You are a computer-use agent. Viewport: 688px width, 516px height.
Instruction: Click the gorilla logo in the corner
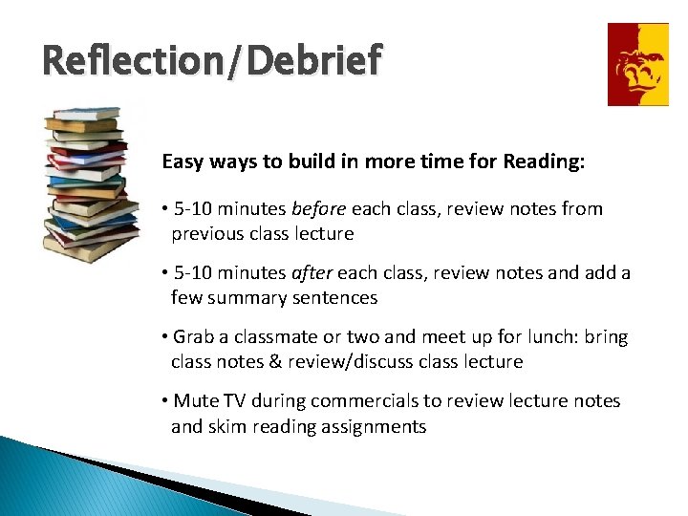click(x=638, y=64)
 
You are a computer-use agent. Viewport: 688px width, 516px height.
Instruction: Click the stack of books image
click(x=87, y=186)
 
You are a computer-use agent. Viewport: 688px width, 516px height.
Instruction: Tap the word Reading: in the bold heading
click(x=547, y=161)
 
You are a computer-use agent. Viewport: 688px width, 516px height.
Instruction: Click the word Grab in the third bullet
click(x=194, y=336)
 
